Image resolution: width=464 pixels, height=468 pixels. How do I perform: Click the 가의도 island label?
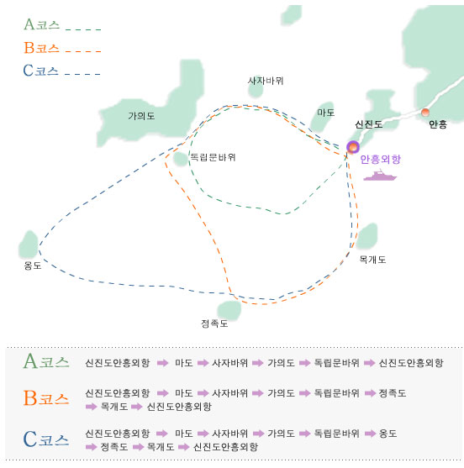141,116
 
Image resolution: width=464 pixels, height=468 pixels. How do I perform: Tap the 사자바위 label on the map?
266,81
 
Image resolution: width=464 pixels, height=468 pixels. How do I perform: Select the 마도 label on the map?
326,113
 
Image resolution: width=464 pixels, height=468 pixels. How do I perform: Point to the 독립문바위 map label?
213,157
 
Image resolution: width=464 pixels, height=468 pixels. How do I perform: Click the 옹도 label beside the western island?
33,266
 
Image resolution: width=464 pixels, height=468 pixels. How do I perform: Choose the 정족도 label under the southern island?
214,323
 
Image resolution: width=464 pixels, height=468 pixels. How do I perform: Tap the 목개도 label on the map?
372,260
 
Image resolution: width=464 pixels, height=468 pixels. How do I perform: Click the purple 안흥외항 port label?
381,160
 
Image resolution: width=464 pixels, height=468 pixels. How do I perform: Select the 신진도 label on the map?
368,124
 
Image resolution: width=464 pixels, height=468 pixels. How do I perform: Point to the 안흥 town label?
438,124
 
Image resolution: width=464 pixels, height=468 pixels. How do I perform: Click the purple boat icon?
380,176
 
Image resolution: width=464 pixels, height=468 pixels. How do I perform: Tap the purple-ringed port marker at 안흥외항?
353,147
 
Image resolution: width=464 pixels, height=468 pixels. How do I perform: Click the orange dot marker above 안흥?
425,113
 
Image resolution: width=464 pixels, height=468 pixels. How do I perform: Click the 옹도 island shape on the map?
29,245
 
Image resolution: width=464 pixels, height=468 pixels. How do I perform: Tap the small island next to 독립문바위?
181,159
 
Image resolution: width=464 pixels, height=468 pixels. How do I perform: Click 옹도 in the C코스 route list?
388,433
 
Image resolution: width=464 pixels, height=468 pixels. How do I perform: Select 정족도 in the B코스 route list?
393,392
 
